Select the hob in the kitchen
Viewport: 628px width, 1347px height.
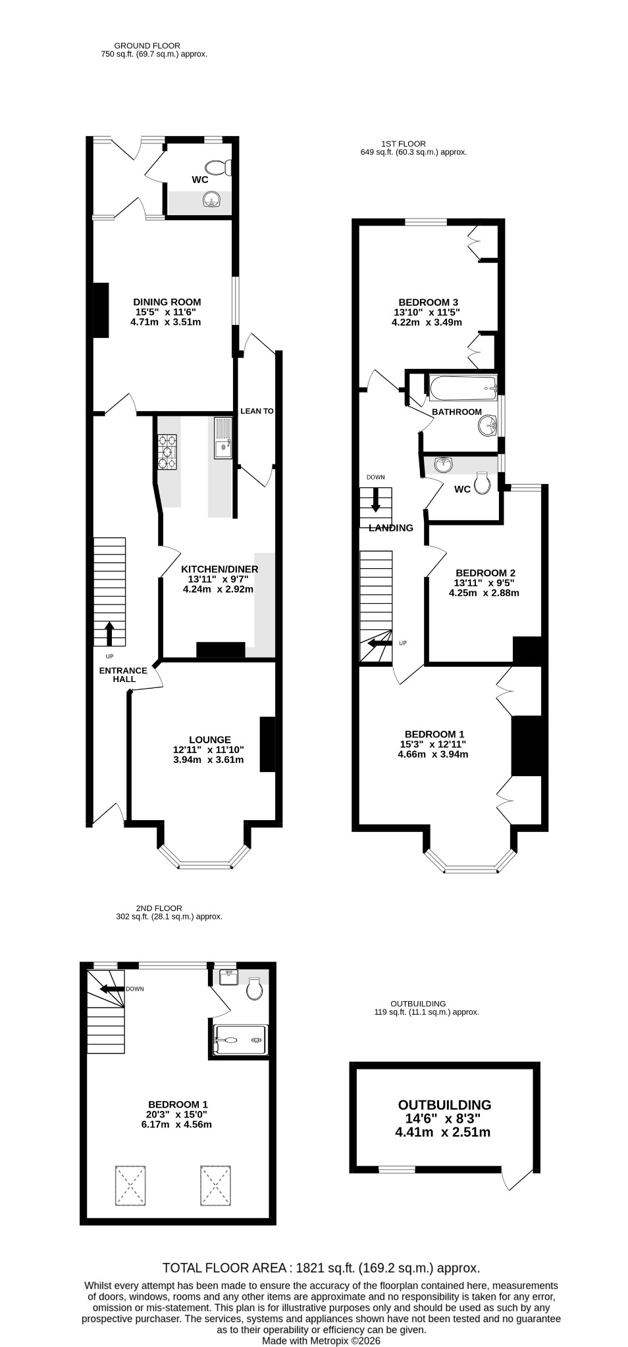point(167,453)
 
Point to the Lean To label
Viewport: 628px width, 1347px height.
point(257,411)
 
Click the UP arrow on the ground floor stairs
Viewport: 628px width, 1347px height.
point(109,633)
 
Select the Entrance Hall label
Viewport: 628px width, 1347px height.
point(123,675)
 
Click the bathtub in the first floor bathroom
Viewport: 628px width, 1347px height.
point(462,388)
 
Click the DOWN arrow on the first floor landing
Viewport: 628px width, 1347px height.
point(376,499)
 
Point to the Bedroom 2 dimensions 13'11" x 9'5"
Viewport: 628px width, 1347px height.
point(484,583)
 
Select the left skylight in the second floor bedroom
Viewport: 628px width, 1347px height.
point(130,1185)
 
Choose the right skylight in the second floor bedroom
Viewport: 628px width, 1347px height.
point(216,1185)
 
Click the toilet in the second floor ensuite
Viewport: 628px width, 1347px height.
point(255,989)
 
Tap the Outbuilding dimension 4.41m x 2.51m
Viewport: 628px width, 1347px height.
point(442,1132)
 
